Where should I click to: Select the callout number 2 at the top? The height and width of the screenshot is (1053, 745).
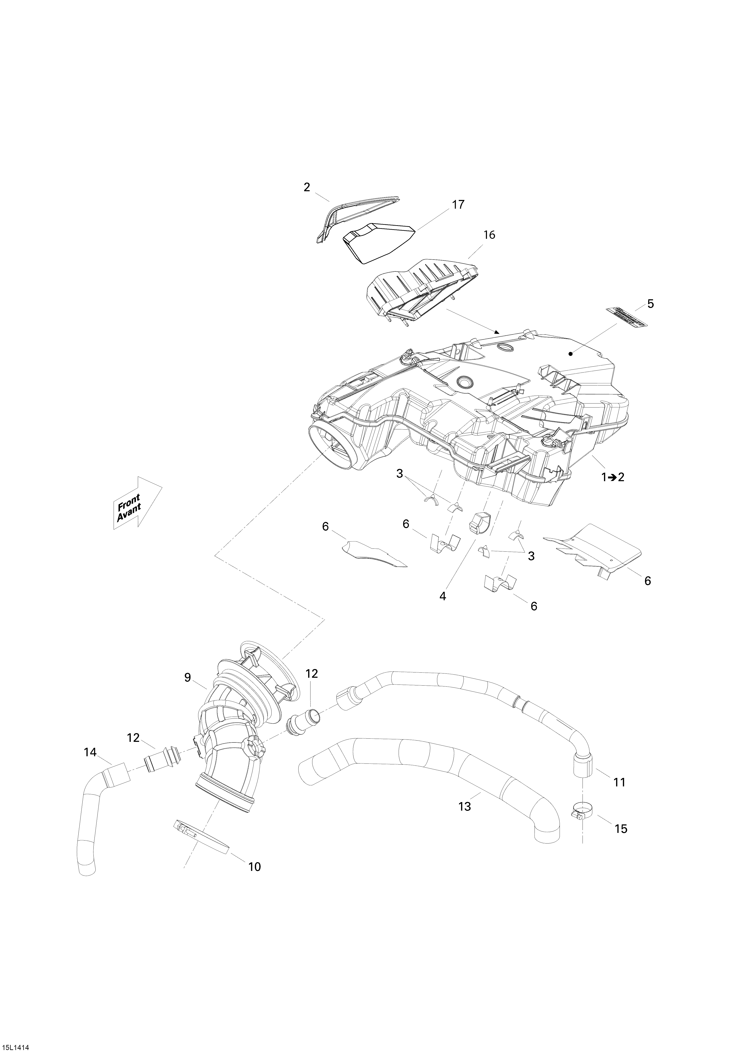pos(307,187)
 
